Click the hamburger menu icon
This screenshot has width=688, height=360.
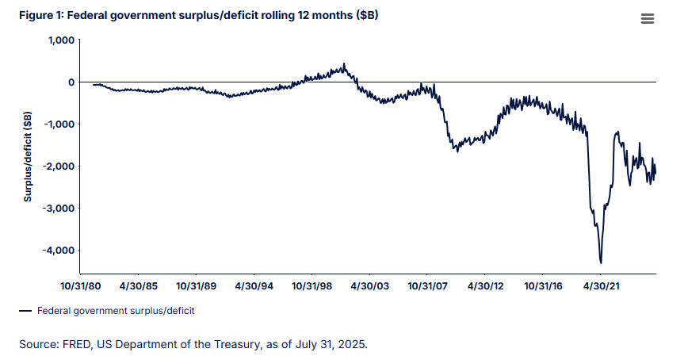tap(647, 20)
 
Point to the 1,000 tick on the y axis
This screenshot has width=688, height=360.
tap(61, 40)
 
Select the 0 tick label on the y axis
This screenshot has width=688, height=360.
tap(71, 82)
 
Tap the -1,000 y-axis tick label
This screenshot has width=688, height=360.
tap(59, 124)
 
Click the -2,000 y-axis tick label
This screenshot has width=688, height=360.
tap(59, 167)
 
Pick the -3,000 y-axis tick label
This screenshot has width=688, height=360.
tap(59, 209)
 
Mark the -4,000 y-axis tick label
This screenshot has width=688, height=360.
tap(59, 251)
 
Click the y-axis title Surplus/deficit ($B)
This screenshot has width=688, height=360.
tap(28, 156)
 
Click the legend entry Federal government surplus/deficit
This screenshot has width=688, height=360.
tap(115, 311)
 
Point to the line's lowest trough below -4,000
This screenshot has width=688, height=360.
tap(601, 262)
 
